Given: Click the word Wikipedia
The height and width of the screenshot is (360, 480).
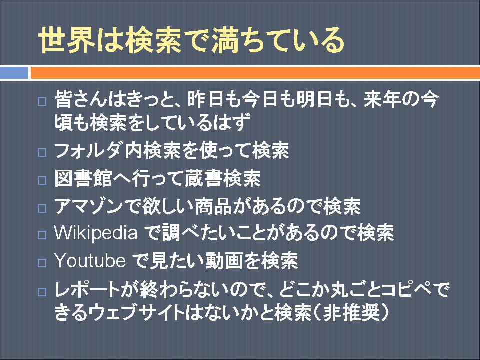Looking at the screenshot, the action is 96,233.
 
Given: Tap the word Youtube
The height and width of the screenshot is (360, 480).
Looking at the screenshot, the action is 90,261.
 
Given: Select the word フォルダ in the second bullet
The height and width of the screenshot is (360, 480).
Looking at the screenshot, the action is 89,150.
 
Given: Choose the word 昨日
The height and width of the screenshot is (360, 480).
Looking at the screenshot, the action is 205,99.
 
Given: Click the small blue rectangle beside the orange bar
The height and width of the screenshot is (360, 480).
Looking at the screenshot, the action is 14,73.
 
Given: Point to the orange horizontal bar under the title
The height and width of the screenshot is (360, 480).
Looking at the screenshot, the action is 255,73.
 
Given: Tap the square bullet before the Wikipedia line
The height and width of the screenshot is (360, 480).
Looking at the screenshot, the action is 42,235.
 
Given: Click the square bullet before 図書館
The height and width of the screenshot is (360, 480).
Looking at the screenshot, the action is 42,180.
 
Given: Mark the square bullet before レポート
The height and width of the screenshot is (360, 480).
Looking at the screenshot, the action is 42,291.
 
